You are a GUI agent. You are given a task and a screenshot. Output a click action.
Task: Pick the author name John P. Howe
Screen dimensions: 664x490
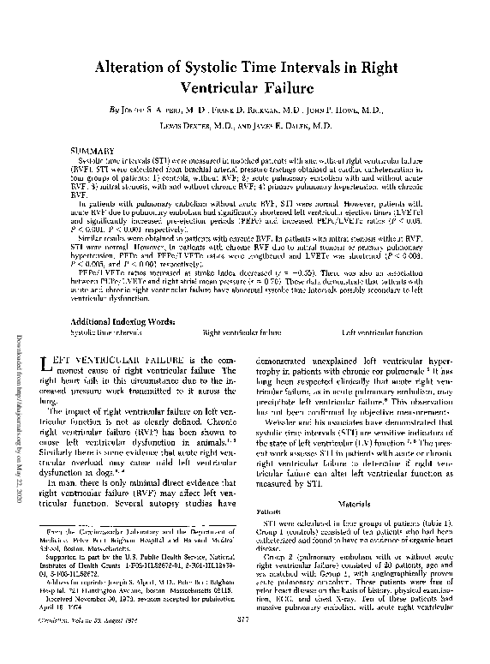(x=356, y=111)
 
